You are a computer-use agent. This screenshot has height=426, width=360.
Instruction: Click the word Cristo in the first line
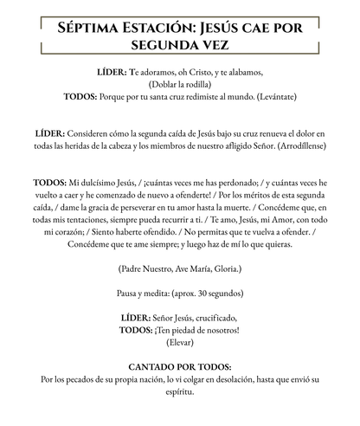click(x=198, y=74)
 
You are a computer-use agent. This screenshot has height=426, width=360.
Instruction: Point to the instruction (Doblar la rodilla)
click(x=181, y=85)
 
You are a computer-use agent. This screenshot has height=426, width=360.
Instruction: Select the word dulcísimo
click(x=105, y=185)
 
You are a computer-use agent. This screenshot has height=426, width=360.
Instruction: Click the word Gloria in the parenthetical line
click(x=224, y=269)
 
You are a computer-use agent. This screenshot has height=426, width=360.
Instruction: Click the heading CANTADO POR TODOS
click(x=181, y=366)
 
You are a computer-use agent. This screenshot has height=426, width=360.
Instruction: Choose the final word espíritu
click(x=181, y=391)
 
